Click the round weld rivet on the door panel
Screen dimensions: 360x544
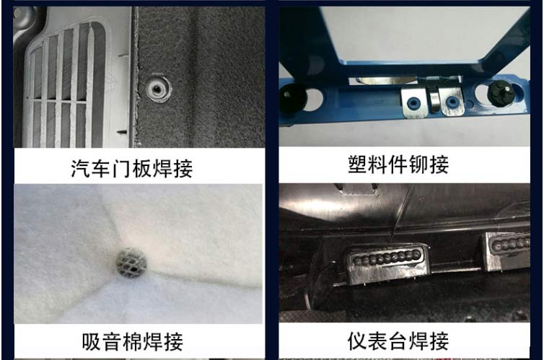(156, 89)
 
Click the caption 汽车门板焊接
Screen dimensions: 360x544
(132, 169)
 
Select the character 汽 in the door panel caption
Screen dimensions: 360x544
(82, 169)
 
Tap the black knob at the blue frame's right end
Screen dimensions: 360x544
(501, 94)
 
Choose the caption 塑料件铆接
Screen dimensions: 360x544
(398, 164)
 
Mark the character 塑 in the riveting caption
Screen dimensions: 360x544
(359, 164)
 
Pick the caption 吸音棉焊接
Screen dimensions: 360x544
(132, 341)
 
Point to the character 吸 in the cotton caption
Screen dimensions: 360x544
(92, 341)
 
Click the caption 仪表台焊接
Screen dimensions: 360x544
(398, 340)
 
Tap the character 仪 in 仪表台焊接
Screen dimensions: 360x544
(359, 340)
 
